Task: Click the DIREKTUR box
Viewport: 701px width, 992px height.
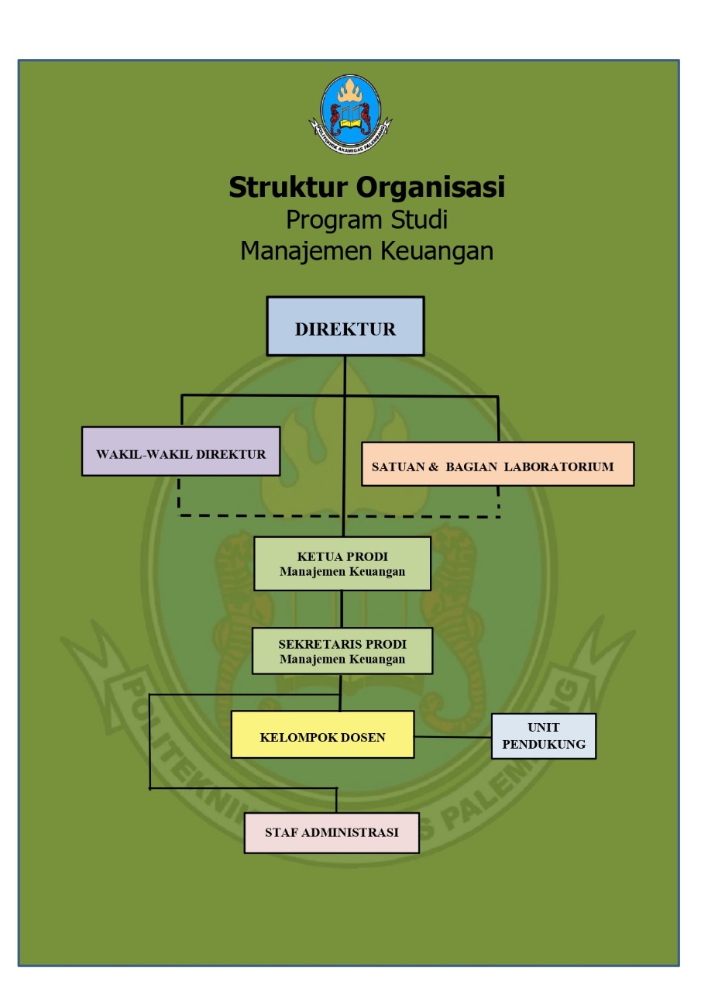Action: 345,326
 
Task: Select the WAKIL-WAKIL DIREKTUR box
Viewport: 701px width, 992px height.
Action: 180,451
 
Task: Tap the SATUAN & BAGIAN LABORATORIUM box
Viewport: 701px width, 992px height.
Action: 497,464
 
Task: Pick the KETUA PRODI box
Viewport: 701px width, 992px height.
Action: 342,563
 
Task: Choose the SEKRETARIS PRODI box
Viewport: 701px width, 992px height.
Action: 342,651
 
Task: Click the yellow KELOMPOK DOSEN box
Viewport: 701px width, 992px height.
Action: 322,735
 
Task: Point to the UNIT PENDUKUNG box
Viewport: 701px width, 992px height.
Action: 544,736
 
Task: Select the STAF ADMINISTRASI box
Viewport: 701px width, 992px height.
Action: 332,833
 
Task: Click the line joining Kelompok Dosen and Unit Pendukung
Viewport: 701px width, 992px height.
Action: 453,736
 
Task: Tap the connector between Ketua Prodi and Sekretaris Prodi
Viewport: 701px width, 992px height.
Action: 342,609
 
